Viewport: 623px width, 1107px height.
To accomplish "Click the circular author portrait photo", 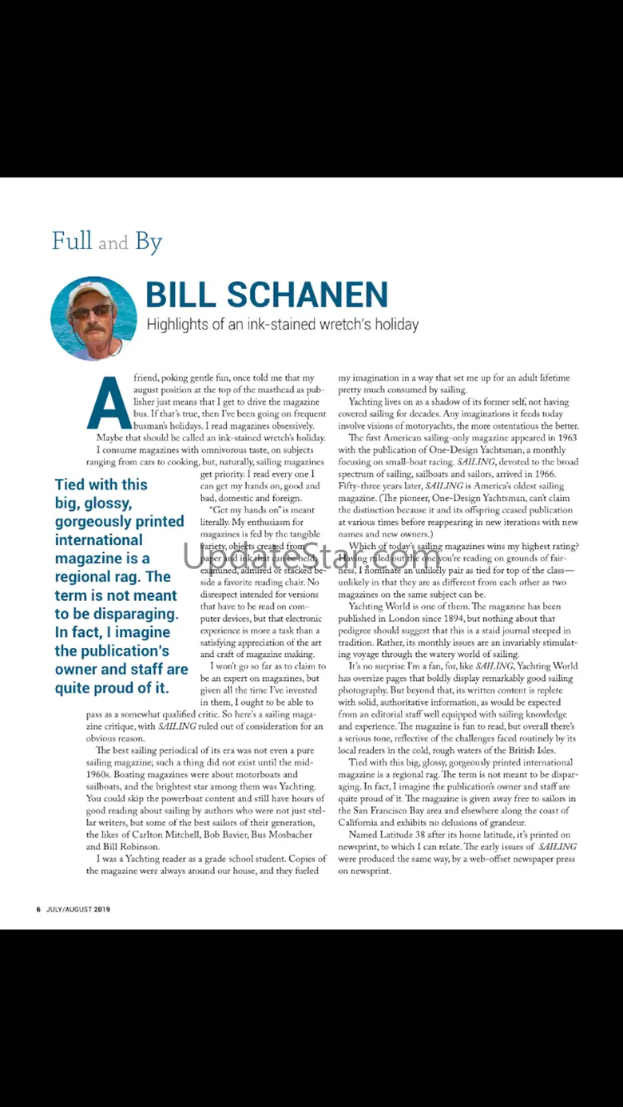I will [x=93, y=318].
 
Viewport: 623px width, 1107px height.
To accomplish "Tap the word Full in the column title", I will [x=72, y=240].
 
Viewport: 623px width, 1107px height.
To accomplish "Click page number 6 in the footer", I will [x=38, y=909].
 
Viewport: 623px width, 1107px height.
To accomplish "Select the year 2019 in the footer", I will [x=101, y=909].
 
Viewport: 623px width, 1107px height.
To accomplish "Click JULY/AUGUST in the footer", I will [x=69, y=909].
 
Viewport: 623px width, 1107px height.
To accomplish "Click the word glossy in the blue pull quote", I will [x=98, y=503].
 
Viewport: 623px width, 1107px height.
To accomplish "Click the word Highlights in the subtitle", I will [x=180, y=324].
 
